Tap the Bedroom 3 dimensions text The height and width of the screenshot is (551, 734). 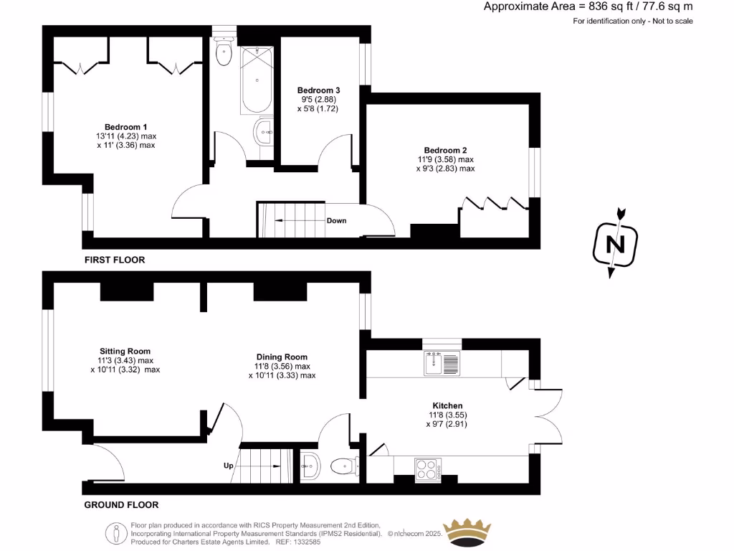pos(318,104)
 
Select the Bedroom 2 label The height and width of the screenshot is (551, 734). pos(445,150)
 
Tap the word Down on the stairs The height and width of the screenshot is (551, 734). pos(336,220)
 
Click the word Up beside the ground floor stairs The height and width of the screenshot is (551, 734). pos(229,466)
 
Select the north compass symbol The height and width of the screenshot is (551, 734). pos(614,244)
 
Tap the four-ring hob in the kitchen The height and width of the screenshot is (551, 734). pos(428,468)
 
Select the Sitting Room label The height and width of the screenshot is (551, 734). pos(125,351)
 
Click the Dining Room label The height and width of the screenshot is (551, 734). pos(282,357)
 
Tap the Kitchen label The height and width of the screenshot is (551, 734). pos(447,405)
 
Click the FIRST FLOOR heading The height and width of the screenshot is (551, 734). pos(114,260)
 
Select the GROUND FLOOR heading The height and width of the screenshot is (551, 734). pos(121,504)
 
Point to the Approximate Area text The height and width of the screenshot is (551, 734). pos(588,7)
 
